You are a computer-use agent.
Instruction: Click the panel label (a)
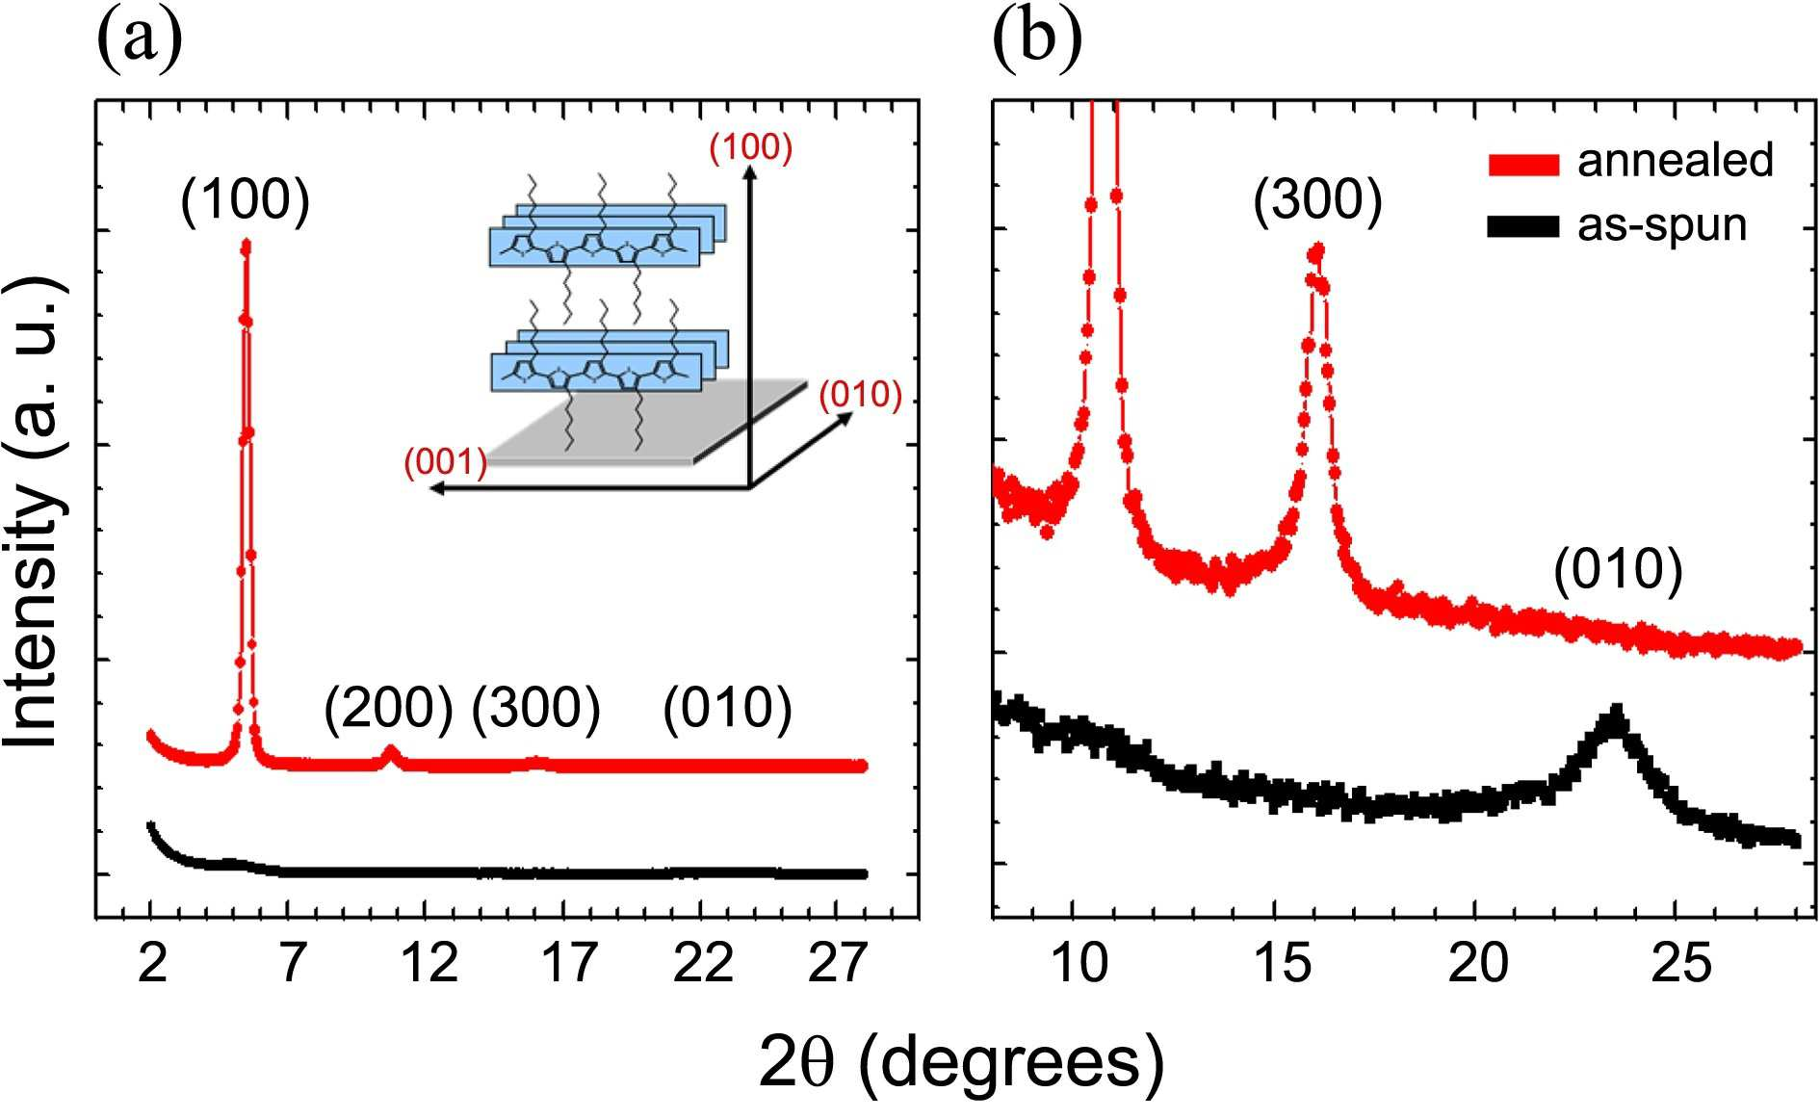[140, 43]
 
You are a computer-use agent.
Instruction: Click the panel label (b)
[1038, 43]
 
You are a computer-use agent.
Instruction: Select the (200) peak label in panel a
[388, 709]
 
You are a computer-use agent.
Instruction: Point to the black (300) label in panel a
[536, 709]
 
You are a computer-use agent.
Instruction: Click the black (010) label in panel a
[728, 709]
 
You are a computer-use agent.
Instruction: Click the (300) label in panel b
[1317, 201]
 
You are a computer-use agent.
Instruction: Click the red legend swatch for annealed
[1523, 165]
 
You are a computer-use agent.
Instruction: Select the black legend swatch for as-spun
[1523, 226]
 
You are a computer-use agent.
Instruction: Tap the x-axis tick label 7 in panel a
[291, 963]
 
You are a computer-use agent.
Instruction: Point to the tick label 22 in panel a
[703, 963]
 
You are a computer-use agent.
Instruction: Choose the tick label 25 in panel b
[1680, 963]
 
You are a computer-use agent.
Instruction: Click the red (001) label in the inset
[446, 463]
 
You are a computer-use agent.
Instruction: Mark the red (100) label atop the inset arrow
[751, 148]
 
